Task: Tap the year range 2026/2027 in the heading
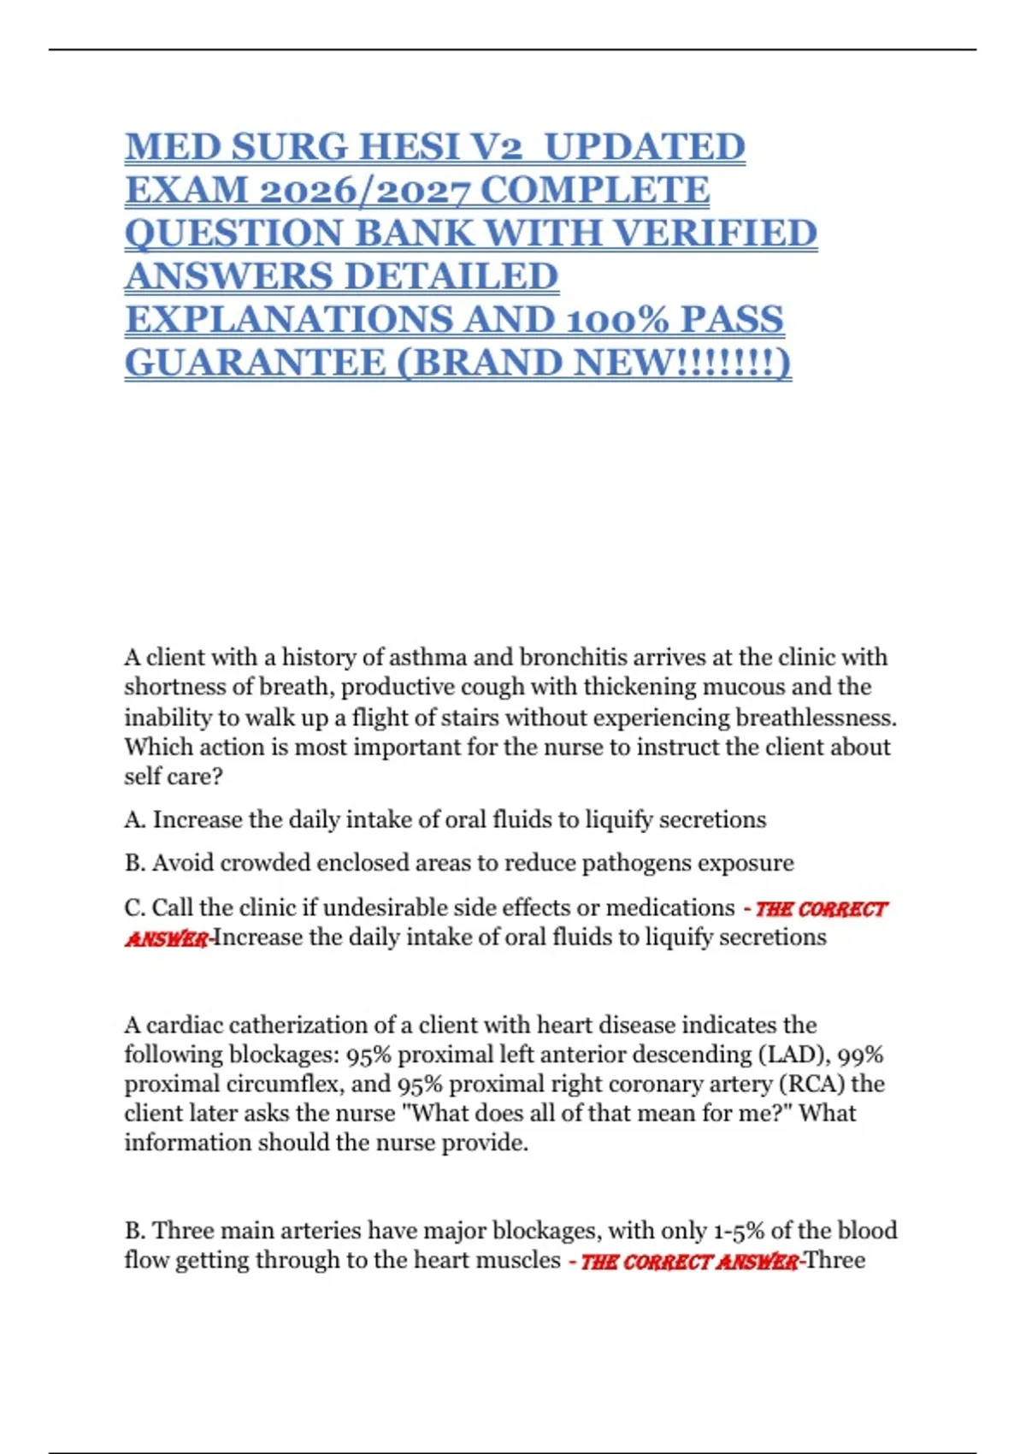click(363, 190)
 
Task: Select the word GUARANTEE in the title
click(255, 363)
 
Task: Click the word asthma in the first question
click(427, 657)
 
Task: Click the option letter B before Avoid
click(134, 863)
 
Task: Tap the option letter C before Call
click(134, 907)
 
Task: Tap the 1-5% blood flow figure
click(738, 1231)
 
